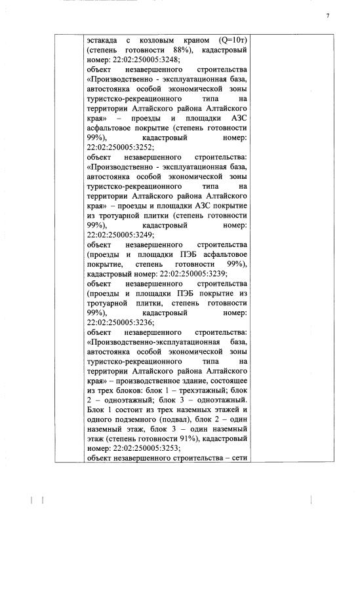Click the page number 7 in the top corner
point(327,15)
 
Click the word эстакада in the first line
point(103,41)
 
